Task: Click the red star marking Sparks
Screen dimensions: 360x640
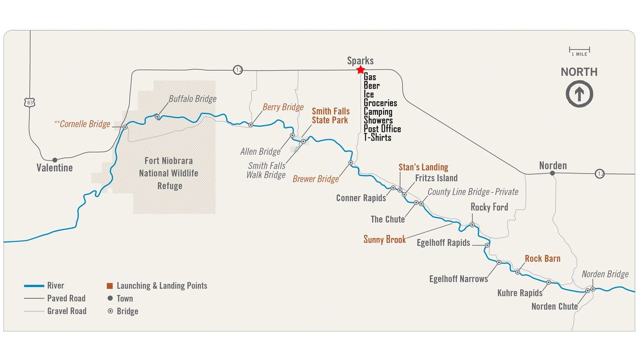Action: pos(360,70)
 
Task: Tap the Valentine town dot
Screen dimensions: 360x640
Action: pos(55,160)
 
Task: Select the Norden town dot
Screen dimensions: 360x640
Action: pos(552,173)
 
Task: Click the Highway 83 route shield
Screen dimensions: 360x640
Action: pos(29,102)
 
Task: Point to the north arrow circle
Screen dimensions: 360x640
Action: pos(579,94)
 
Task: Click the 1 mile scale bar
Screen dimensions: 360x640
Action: pos(579,49)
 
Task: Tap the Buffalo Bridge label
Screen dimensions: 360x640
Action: pos(192,99)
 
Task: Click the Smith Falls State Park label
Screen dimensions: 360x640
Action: pos(330,115)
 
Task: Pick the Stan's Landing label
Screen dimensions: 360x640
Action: pos(423,167)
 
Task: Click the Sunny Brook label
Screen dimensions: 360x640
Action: pos(384,239)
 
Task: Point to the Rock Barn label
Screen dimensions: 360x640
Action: pos(542,259)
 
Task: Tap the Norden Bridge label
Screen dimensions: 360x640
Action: pos(605,274)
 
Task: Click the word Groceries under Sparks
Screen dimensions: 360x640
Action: pos(380,103)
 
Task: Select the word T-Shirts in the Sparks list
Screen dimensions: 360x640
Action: pos(378,137)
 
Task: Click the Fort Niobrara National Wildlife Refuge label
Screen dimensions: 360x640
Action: pos(169,173)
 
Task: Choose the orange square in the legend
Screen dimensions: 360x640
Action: pos(110,286)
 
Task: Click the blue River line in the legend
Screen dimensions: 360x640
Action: pos(34,286)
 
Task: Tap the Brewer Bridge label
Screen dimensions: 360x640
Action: pos(316,179)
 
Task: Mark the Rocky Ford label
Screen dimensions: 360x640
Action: pos(489,207)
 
